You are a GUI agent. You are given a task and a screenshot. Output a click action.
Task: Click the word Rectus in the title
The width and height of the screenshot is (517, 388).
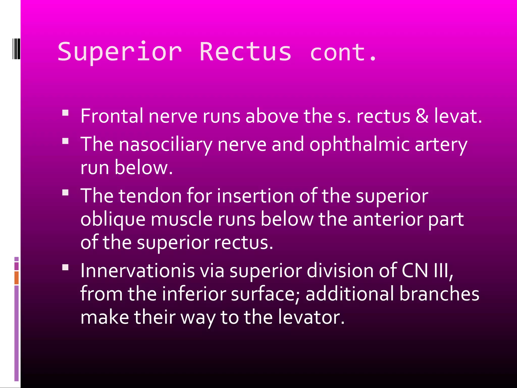pos(245,52)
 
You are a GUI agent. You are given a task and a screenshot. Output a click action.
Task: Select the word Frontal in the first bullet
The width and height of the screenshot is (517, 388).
pos(112,116)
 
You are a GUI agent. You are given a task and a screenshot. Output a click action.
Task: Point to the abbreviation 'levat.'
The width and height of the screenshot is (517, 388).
pos(458,116)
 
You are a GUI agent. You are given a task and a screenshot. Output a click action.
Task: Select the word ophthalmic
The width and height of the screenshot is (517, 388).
pos(359,144)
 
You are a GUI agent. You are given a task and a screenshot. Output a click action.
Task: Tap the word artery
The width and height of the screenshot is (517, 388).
pos(441,144)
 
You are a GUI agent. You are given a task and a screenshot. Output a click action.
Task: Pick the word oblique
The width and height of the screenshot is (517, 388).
pos(113,219)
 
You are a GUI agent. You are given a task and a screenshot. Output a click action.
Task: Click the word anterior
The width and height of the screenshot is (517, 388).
pos(388,219)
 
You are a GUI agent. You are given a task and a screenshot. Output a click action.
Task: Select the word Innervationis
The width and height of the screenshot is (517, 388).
pos(138,271)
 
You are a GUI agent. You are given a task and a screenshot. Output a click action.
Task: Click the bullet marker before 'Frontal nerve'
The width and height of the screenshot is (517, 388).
pos(65,113)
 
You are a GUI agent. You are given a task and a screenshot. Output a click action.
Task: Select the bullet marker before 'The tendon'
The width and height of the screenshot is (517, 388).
pos(65,192)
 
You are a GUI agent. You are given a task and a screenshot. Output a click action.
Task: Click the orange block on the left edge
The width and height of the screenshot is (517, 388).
pos(16,278)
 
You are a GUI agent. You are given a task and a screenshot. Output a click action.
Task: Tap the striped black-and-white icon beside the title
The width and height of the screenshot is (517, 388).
pos(16,49)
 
